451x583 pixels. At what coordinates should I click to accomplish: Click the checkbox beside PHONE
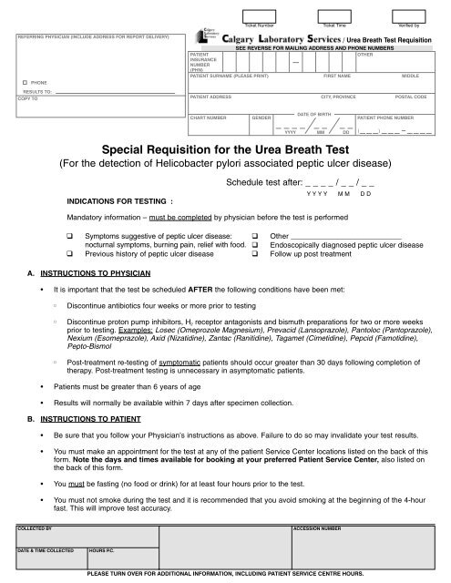[x=21, y=82]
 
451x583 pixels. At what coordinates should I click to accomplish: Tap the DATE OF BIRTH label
[x=314, y=113]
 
